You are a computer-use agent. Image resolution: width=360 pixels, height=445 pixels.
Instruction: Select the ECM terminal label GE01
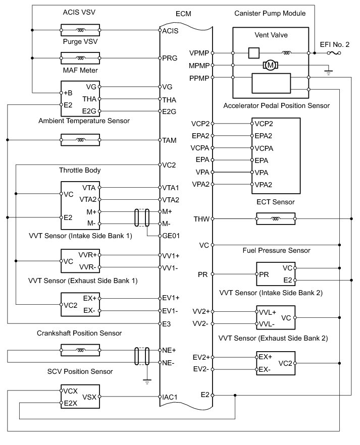pyautogui.click(x=172, y=236)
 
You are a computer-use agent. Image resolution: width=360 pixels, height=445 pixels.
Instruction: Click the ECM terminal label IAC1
pyautogui.click(x=171, y=397)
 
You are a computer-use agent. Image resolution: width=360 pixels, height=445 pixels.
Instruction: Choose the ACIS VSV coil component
pyautogui.click(x=80, y=30)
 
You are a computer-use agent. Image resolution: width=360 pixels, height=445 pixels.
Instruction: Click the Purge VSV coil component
pyautogui.click(x=80, y=58)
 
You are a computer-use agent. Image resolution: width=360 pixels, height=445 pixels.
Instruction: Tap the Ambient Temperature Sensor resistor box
pyautogui.click(x=80, y=139)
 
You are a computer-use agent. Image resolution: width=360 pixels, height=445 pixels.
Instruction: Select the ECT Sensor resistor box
pyautogui.click(x=276, y=219)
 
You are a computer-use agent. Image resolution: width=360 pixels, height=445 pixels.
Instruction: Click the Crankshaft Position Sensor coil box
pyautogui.click(x=80, y=350)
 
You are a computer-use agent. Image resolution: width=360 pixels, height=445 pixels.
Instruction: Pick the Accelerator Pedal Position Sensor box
pyautogui.click(x=276, y=155)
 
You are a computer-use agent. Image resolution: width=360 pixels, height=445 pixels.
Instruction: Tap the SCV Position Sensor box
pyautogui.click(x=80, y=397)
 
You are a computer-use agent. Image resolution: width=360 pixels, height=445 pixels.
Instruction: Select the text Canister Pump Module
pyautogui.click(x=277, y=13)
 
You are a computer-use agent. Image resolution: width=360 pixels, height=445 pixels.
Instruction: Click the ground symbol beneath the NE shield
pyautogui.click(x=146, y=381)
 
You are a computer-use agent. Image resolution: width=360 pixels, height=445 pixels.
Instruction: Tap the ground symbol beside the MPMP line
pyautogui.click(x=329, y=72)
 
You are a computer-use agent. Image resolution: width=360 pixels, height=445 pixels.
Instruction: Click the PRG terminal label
pyautogui.click(x=170, y=58)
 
